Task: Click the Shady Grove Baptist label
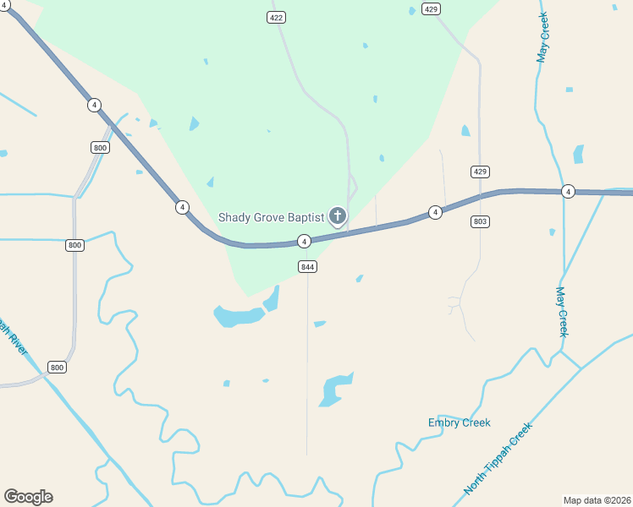point(271,217)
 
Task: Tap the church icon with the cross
point(338,215)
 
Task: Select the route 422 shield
point(276,17)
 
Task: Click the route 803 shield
point(480,221)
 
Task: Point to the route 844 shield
point(307,266)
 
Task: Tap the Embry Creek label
point(459,422)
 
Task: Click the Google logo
point(28,497)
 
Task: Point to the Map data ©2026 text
point(597,499)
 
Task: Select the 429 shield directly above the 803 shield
point(480,172)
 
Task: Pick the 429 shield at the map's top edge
point(432,9)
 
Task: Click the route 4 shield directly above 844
point(304,242)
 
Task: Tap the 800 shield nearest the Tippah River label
point(57,367)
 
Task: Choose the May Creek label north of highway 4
point(542,38)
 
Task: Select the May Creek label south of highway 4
point(561,312)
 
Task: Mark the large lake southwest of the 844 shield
point(238,316)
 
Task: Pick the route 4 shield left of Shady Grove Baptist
point(182,206)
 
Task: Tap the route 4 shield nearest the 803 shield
point(435,211)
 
